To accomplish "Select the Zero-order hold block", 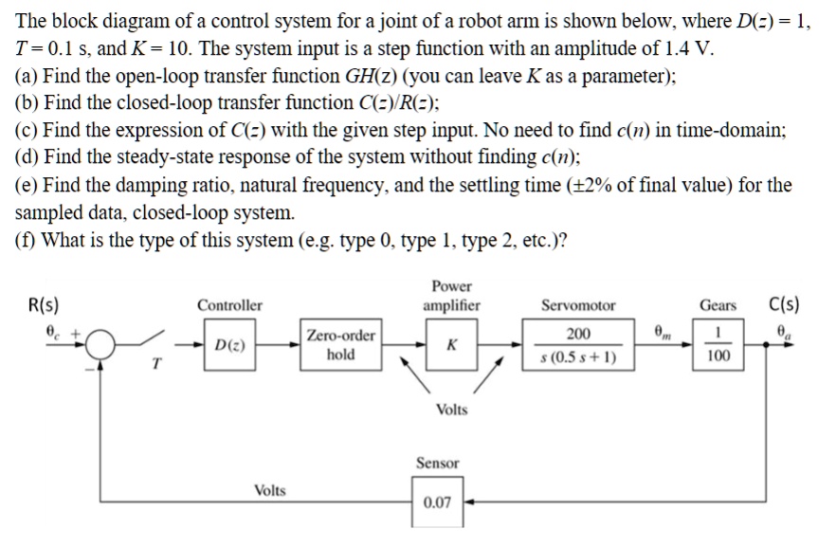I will tap(340, 344).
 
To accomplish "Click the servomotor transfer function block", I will tap(577, 345).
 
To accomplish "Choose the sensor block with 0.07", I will tap(437, 501).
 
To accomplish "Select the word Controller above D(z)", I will tap(229, 305).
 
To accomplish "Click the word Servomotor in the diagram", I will tap(577, 305).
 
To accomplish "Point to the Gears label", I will tap(718, 305).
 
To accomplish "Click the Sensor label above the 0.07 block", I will tap(437, 463).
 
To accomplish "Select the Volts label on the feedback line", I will tap(270, 490).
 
